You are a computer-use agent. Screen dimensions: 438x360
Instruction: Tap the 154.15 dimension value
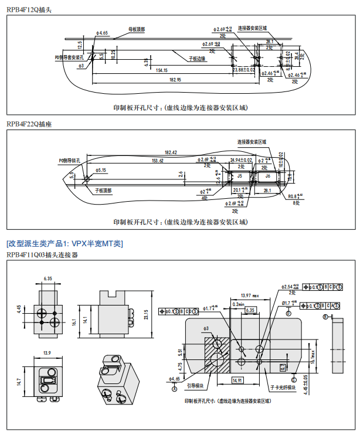161,70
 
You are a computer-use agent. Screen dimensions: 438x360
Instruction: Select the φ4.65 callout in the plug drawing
100,33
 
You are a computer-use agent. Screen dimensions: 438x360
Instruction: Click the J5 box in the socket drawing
239,175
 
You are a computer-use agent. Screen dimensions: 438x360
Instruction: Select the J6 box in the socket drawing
267,175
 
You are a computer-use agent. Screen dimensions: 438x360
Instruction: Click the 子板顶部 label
103,191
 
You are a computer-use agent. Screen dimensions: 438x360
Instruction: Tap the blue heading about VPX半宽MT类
64,243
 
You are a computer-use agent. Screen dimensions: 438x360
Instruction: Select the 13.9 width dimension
47,353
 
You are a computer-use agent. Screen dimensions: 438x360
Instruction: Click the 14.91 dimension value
237,380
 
